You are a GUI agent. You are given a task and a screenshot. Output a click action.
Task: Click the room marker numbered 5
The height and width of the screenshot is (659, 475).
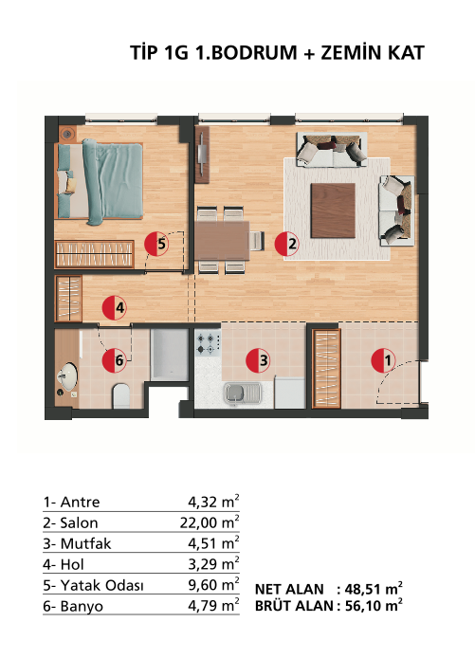point(156,244)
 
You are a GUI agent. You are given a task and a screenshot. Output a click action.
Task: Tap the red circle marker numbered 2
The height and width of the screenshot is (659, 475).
point(286,244)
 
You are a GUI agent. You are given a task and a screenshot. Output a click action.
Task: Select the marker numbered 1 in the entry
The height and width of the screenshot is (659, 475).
point(383,360)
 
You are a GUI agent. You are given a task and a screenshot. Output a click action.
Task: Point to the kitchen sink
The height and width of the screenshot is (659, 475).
point(243,394)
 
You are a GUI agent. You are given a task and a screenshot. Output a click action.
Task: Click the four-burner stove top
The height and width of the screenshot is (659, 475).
point(208,343)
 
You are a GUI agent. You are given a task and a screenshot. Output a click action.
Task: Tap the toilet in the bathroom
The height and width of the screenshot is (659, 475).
point(121,395)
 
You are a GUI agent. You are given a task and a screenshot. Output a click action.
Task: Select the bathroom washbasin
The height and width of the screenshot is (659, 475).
point(67,376)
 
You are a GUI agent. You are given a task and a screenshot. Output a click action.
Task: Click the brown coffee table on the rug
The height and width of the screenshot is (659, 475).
point(333,211)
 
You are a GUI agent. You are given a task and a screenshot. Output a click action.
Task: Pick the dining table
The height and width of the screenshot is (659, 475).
point(222,240)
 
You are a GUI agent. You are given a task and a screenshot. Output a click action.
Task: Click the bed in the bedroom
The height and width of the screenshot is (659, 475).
point(100,181)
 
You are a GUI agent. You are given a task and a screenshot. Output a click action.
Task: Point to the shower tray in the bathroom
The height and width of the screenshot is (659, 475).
point(170,355)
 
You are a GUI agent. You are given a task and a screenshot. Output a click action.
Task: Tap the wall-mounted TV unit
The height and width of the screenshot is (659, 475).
point(202,155)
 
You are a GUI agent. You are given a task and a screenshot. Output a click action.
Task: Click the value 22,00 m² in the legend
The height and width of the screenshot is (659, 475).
point(210,522)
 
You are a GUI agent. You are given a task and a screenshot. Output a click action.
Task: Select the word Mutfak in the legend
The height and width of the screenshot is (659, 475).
point(85,543)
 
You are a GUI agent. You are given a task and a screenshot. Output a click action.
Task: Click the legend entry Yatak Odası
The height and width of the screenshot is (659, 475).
point(102,585)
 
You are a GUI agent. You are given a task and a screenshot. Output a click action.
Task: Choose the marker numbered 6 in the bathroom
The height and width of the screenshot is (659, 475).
point(115,360)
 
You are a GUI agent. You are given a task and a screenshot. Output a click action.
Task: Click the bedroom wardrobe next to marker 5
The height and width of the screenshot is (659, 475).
point(95,254)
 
